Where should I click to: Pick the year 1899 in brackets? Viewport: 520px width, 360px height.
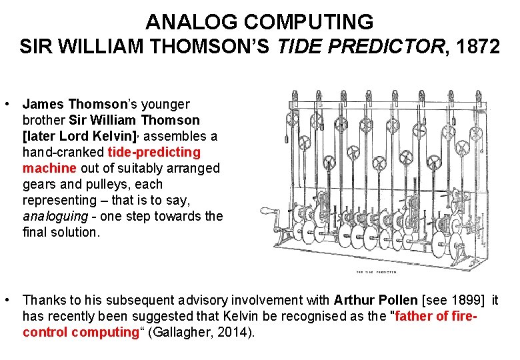click(461, 300)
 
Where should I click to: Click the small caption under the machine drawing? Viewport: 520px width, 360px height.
click(377, 272)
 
